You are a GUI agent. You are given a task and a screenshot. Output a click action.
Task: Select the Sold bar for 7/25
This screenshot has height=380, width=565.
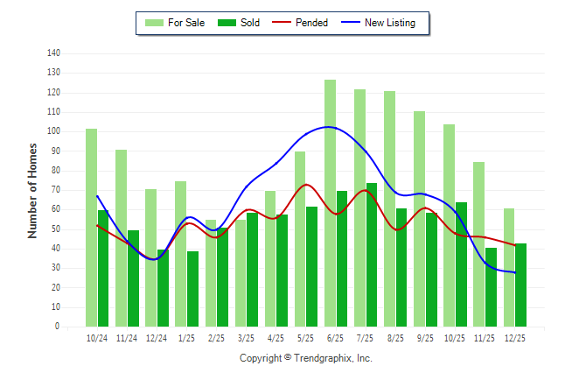(372, 255)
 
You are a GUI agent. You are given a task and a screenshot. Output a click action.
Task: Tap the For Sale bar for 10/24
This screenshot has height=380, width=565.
(91, 228)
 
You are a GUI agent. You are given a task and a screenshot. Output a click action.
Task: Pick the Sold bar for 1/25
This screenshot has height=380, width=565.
(192, 289)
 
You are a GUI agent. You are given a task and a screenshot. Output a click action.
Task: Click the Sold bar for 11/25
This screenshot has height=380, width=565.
(491, 287)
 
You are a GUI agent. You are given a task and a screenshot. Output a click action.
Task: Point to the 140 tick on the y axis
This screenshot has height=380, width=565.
(53, 53)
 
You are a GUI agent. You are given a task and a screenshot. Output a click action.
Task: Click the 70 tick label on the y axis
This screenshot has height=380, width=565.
(55, 190)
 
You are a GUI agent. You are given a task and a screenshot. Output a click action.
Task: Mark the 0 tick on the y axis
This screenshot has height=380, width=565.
(57, 327)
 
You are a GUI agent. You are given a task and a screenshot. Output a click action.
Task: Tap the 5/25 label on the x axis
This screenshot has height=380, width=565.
(305, 338)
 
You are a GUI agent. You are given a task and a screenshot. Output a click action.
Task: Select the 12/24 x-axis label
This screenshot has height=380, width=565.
(157, 338)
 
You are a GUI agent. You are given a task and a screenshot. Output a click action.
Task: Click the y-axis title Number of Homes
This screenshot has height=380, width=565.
(32, 190)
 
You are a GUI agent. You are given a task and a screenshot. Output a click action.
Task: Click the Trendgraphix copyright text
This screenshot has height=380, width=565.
(306, 358)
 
